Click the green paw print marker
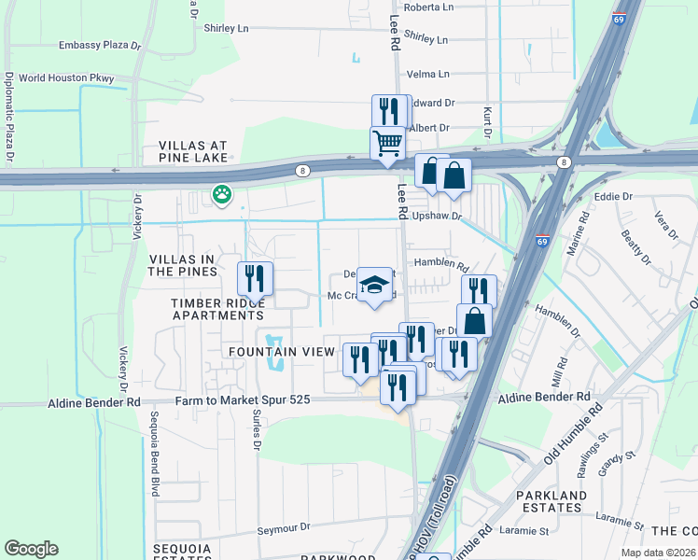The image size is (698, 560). coord(221,195)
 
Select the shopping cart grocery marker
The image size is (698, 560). coord(387,144)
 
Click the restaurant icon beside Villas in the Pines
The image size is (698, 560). coord(255,278)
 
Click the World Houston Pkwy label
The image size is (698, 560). coord(66,78)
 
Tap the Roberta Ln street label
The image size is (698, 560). coord(428,7)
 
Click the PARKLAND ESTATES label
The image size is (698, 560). coord(553,501)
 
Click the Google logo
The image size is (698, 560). coord(31,549)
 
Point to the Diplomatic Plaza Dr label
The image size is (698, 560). coord(10,118)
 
